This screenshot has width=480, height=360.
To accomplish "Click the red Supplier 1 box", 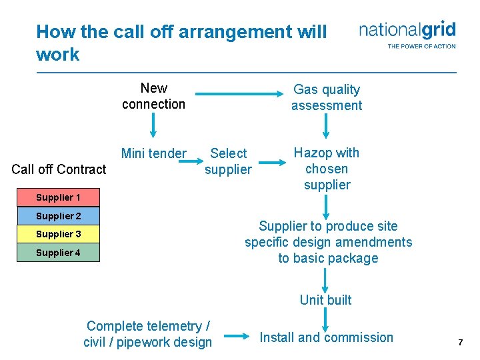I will pyautogui.click(x=58, y=197).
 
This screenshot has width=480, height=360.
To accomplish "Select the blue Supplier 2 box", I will pyautogui.click(x=58, y=216).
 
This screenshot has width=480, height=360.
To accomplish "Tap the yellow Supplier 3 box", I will pyautogui.click(x=58, y=234).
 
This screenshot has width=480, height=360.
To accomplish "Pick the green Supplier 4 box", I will pyautogui.click(x=58, y=253).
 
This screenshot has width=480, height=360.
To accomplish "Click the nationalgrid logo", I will pyautogui.click(x=407, y=34).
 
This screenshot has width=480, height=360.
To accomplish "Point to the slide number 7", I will pyautogui.click(x=460, y=342).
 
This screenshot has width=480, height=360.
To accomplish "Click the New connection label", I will pyautogui.click(x=153, y=96).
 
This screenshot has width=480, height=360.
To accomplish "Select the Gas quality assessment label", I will pyautogui.click(x=327, y=97).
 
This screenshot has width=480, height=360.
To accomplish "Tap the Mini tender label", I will pyautogui.click(x=154, y=153).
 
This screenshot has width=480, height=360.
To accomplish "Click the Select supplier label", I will pyautogui.click(x=228, y=161).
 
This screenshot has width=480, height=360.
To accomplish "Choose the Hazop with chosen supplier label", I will pyautogui.click(x=327, y=169).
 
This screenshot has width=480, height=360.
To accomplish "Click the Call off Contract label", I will pyautogui.click(x=59, y=169).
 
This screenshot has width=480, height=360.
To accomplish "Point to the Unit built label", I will pyautogui.click(x=325, y=300).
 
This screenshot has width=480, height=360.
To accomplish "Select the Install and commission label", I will pyautogui.click(x=327, y=337).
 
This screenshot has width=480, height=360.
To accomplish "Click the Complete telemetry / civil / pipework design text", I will pyautogui.click(x=148, y=334).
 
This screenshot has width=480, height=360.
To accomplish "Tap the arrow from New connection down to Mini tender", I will pyautogui.click(x=154, y=125).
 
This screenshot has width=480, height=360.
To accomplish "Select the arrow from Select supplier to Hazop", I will pyautogui.click(x=272, y=161).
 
